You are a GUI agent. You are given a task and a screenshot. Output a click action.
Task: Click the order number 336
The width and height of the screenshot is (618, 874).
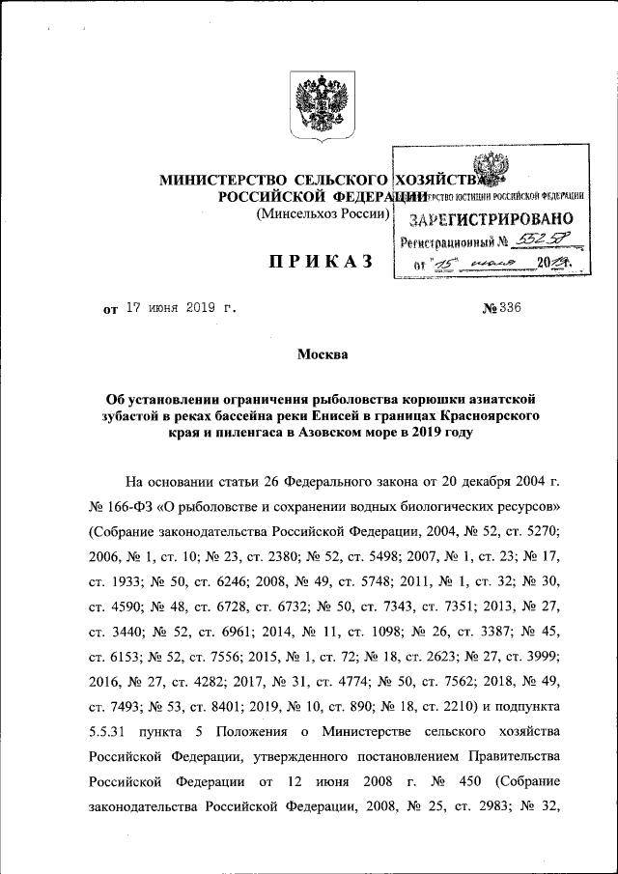pyautogui.click(x=509, y=310)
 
